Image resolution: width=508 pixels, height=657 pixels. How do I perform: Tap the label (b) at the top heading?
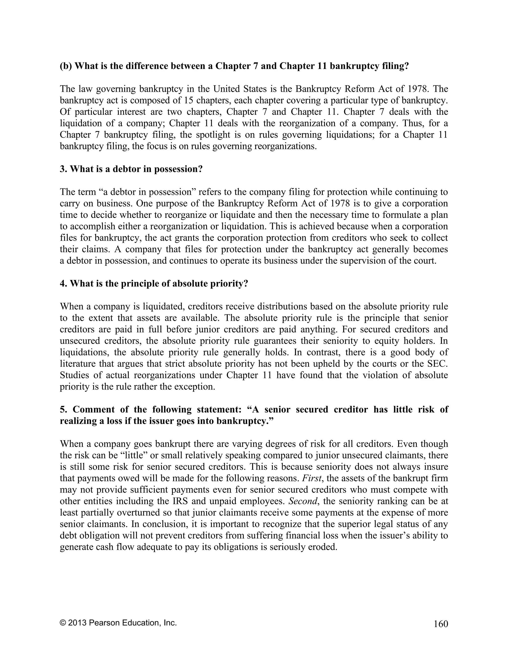click(66, 66)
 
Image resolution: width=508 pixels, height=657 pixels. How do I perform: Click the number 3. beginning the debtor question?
click(63, 169)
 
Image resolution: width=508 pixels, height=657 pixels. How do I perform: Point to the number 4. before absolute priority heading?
click(63, 284)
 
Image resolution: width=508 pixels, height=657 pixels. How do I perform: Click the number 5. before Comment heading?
click(63, 409)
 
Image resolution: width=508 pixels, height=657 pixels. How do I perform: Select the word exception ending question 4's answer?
click(200, 387)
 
